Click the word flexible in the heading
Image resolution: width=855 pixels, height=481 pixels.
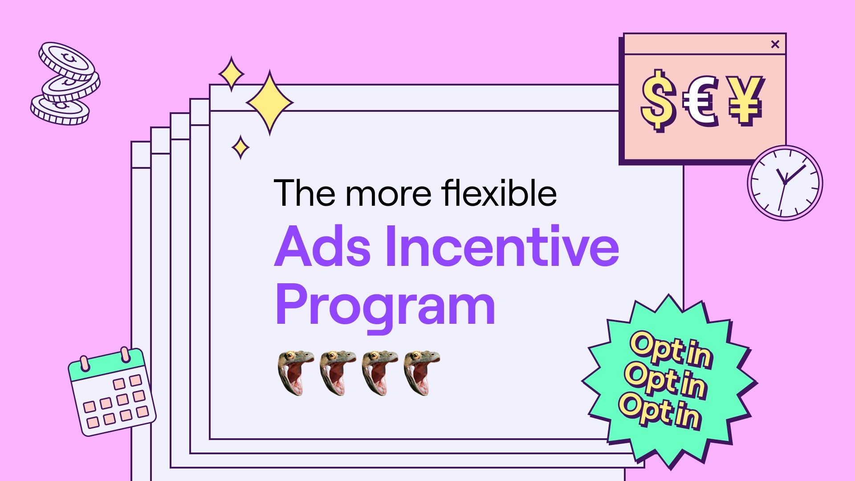coord(499,193)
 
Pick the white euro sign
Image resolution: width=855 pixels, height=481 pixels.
coord(700,102)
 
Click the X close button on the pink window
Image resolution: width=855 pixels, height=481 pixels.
coord(775,44)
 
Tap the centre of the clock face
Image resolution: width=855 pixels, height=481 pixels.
coord(785,183)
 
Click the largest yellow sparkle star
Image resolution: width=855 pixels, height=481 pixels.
coord(269,102)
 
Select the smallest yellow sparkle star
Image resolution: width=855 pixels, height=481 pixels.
coord(240,147)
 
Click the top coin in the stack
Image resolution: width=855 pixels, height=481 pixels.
coord(67,61)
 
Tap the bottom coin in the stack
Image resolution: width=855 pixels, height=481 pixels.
coord(60,110)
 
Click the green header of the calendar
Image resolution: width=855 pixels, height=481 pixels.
coord(107,363)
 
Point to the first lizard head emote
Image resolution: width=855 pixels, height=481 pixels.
coord(295,372)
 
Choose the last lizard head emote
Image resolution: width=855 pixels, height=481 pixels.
coord(422,372)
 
